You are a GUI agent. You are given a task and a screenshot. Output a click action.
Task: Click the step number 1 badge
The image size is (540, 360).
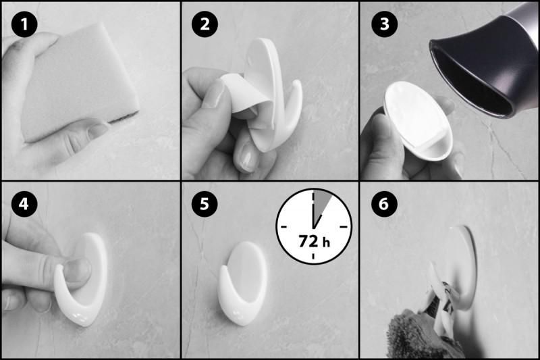point(24,24)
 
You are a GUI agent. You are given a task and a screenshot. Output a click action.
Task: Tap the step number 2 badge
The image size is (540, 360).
point(205,24)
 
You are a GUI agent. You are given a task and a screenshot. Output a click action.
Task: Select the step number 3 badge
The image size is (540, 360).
point(384,24)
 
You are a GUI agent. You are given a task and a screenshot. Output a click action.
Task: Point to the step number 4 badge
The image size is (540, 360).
point(24,204)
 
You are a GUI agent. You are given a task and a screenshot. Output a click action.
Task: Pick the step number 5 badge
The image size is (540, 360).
point(205,204)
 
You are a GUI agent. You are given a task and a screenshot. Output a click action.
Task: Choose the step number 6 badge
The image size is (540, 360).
point(384,204)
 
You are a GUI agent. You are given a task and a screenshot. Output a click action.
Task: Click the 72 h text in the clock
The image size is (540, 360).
point(314,242)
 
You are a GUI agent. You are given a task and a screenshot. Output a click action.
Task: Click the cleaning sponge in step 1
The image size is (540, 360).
point(80,82)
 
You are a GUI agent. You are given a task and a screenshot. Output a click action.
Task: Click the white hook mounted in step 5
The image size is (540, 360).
point(242,283)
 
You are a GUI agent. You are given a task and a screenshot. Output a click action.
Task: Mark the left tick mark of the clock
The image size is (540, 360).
point(283,227)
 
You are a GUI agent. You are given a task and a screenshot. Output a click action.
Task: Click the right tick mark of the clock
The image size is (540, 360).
point(344,227)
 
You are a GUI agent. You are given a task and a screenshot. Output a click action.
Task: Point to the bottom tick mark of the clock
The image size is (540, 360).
point(313,256)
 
